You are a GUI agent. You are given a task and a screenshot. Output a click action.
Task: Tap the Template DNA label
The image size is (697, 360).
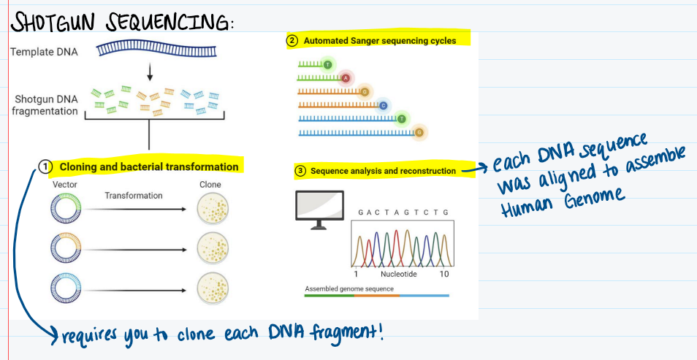click(x=45, y=52)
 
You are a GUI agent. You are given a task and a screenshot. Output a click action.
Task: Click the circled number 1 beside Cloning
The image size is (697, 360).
click(x=45, y=166)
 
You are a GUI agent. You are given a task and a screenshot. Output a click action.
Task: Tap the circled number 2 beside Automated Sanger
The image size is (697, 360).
click(x=292, y=40)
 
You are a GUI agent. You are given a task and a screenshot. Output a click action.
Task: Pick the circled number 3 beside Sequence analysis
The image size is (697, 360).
click(x=300, y=171)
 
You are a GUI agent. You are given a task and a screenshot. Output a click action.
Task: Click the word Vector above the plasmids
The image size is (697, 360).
click(x=65, y=185)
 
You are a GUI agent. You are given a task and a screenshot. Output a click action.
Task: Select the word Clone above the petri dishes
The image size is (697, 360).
click(x=210, y=185)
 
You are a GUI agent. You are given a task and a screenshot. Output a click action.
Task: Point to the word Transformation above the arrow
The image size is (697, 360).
click(x=134, y=196)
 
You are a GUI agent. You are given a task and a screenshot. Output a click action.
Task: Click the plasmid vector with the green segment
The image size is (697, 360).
click(x=64, y=209)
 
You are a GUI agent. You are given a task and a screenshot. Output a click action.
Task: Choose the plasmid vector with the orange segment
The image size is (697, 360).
click(x=64, y=249)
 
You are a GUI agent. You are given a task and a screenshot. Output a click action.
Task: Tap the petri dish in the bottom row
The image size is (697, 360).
click(x=213, y=286)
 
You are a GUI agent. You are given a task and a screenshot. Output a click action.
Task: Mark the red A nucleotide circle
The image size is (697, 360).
click(x=346, y=78)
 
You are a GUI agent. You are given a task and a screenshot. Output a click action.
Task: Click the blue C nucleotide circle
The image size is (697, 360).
click(x=383, y=106)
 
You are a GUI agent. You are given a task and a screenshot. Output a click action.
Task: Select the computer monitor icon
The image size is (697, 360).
click(x=319, y=208)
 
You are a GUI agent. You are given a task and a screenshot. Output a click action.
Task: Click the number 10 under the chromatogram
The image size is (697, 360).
click(x=444, y=274)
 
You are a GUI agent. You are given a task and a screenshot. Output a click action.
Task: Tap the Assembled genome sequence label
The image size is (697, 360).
click(x=348, y=288)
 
